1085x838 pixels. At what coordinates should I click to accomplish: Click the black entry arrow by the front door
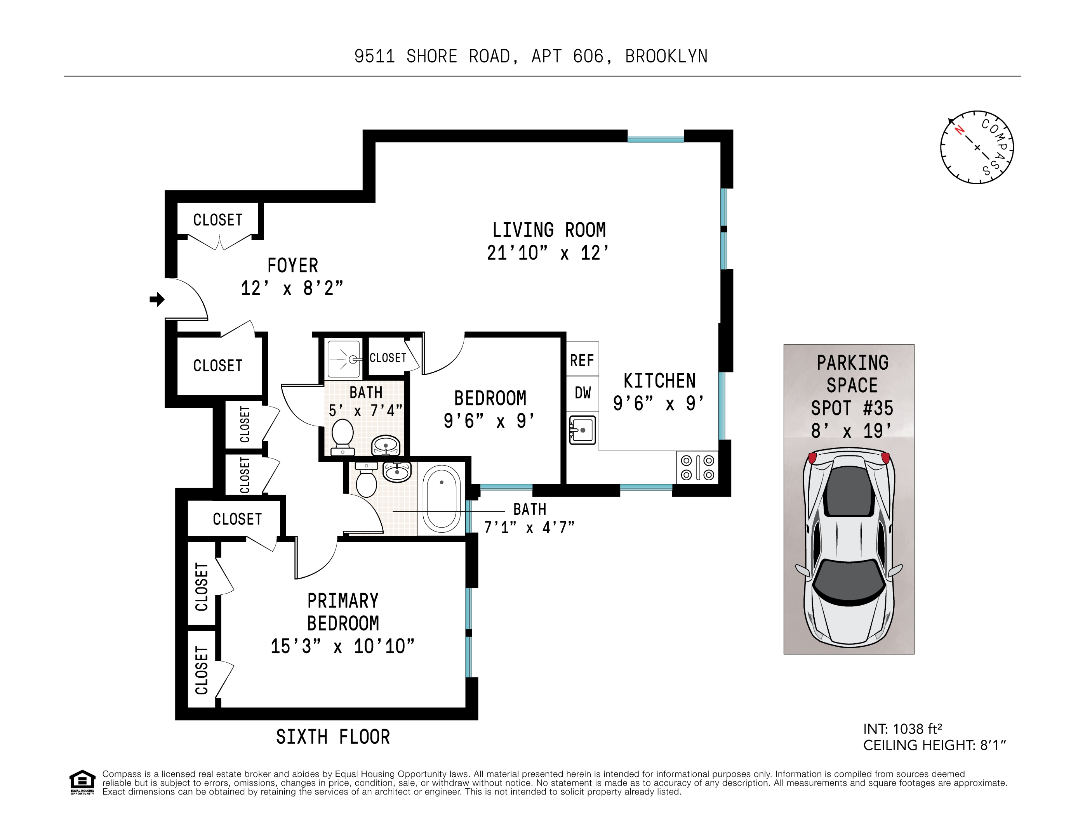click(157, 300)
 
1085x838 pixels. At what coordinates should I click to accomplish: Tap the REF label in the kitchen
click(582, 360)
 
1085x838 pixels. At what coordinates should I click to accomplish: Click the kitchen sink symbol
click(582, 430)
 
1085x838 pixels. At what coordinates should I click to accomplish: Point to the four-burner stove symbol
click(697, 467)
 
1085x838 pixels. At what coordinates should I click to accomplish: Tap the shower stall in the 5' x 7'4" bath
click(343, 358)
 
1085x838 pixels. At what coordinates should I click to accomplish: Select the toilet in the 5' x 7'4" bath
click(342, 436)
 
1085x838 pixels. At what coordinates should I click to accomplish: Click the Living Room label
click(549, 230)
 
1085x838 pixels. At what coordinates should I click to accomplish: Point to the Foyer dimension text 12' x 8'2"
click(292, 288)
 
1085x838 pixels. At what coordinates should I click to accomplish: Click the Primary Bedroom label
click(343, 611)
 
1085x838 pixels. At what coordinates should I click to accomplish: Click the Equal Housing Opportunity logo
click(82, 782)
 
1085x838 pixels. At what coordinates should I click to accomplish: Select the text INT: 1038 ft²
click(902, 729)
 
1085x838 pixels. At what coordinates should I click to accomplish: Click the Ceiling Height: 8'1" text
click(934, 745)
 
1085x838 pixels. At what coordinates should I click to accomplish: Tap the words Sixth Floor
click(333, 737)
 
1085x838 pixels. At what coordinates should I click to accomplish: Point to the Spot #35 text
click(852, 408)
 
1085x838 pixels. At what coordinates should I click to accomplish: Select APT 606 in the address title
click(567, 57)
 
